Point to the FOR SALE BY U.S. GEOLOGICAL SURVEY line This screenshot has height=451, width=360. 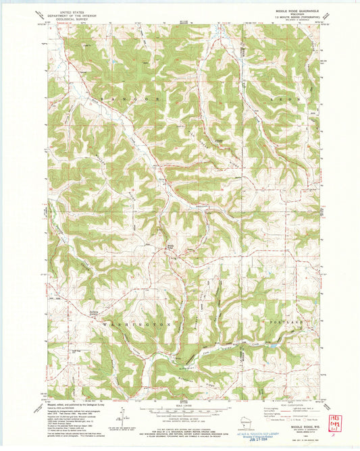click(178, 428)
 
